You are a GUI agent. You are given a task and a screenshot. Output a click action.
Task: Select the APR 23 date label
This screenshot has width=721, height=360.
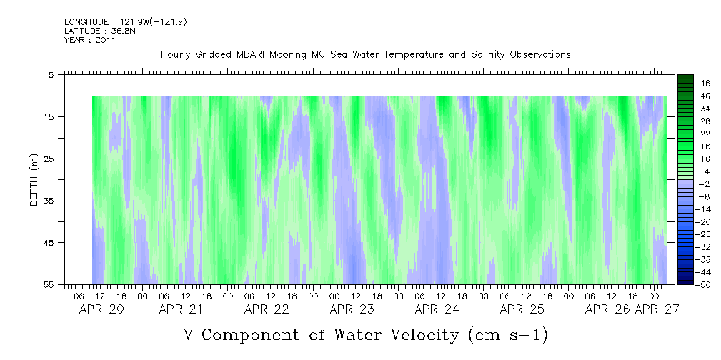tap(352, 309)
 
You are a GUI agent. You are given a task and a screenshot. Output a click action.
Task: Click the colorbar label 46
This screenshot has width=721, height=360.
tap(705, 83)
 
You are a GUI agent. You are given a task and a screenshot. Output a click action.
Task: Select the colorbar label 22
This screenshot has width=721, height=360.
tap(705, 134)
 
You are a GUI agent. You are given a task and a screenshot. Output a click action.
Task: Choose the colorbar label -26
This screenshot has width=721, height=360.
tap(703, 234)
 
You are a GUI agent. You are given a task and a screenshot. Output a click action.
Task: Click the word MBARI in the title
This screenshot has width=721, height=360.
tap(262, 55)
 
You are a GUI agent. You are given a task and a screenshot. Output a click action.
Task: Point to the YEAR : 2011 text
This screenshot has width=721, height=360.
tap(90, 40)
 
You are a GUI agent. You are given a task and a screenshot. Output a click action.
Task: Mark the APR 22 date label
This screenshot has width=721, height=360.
tap(267, 309)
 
